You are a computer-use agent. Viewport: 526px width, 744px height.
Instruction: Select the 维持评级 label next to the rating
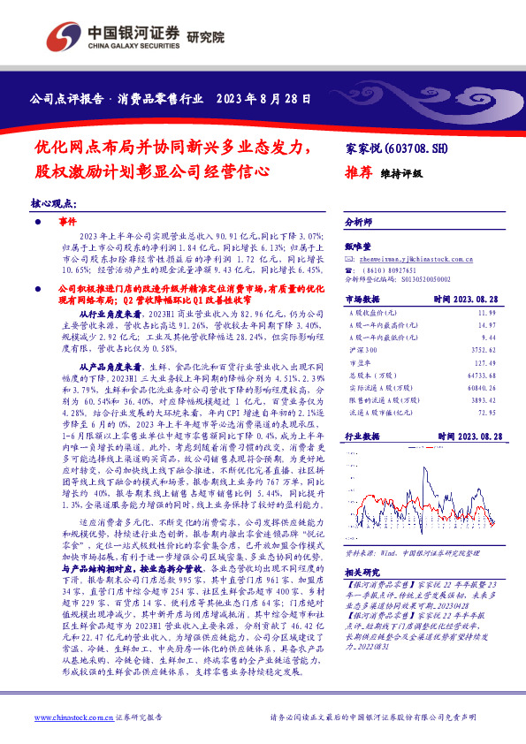point(401,175)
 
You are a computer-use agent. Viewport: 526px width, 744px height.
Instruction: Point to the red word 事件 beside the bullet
point(68,222)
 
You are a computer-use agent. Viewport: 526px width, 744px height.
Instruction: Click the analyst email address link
point(412,258)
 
